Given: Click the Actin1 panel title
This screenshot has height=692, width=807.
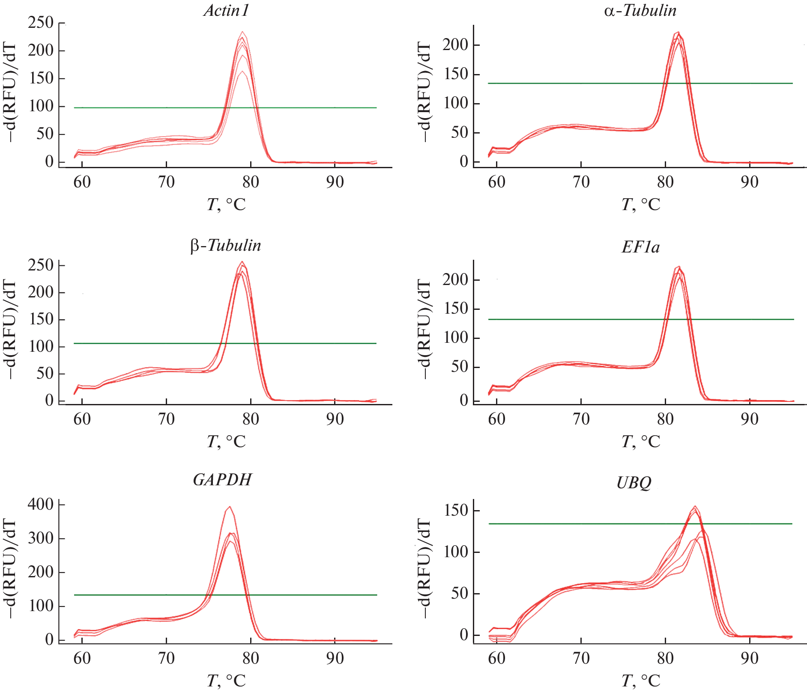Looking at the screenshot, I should (x=226, y=11).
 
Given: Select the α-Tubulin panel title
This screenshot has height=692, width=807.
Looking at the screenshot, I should (x=640, y=10).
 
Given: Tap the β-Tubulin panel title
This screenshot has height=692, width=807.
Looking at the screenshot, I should (x=225, y=246).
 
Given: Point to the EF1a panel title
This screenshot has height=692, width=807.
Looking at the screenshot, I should (x=640, y=247).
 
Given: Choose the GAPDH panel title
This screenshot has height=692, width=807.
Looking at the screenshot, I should (x=222, y=480).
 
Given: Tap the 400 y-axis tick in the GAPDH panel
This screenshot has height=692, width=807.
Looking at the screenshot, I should (x=41, y=504).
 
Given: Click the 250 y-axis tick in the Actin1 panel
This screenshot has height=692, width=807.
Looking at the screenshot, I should (x=41, y=22).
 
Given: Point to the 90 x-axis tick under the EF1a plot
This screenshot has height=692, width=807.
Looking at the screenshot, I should (x=750, y=419).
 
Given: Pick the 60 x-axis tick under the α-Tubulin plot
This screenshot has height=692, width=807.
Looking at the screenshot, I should (x=496, y=182).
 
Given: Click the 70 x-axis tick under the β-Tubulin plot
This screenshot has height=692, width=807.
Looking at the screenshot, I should (x=166, y=419).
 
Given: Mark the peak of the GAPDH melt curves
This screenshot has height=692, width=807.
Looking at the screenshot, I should (x=230, y=507).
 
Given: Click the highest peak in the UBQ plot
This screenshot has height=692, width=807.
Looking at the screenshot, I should (x=695, y=506).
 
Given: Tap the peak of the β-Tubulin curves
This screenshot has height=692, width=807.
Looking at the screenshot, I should (x=242, y=262).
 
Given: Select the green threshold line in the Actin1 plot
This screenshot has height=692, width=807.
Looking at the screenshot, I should (x=129, y=108).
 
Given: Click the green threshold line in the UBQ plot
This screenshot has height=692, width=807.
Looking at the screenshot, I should (x=557, y=524).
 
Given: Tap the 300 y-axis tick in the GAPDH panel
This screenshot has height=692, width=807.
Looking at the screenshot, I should (x=41, y=538).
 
